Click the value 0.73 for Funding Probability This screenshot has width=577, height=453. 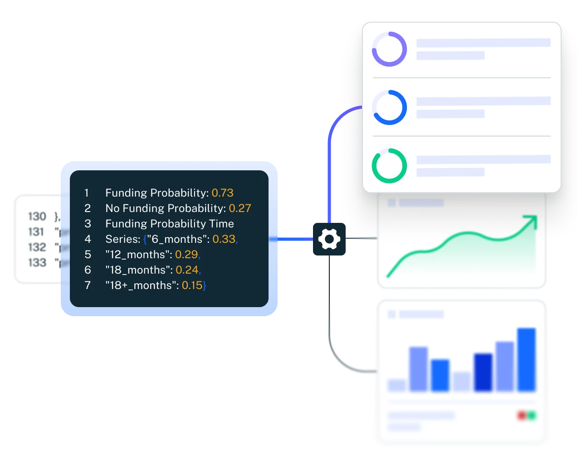tap(222, 193)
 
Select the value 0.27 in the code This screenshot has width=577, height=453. tap(240, 208)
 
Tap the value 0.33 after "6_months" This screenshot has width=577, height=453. tap(224, 239)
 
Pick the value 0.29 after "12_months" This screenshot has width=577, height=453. tap(186, 255)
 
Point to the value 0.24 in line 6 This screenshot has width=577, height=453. tap(187, 270)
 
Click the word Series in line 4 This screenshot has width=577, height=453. tap(122, 239)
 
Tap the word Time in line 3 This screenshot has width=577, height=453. tap(222, 224)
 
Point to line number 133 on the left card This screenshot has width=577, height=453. tap(37, 263)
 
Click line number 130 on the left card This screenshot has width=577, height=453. tap(37, 217)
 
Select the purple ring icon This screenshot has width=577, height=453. tap(389, 49)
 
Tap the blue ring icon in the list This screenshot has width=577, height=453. tap(389, 108)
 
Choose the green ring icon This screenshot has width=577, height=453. tap(389, 166)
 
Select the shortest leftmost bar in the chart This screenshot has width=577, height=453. tap(396, 385)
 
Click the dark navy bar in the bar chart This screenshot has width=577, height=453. tap(483, 372)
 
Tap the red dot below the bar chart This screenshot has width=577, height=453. tap(522, 415)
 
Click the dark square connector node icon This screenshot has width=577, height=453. tap(330, 239)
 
